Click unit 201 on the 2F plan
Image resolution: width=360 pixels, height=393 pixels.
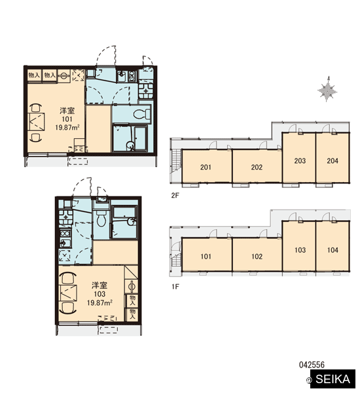[x=206, y=166]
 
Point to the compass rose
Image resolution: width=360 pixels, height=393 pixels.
[x=327, y=89]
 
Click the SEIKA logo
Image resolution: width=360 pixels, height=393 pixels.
[x=333, y=379]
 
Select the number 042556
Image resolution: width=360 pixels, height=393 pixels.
[x=312, y=365]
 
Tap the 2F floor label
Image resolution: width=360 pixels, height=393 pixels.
[x=175, y=195]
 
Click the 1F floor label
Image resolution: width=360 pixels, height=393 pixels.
[x=175, y=286]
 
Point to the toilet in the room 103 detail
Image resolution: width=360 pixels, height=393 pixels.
[x=101, y=217]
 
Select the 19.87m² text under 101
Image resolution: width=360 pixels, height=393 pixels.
[x=67, y=127]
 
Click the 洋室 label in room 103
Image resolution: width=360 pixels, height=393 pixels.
[x=99, y=285]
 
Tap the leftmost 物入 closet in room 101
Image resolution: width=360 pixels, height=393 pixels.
[x=34, y=75]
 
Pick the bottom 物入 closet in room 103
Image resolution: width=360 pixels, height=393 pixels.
[x=132, y=314]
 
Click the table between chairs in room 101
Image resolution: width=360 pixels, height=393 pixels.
[x=37, y=122]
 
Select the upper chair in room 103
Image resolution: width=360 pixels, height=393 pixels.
[x=67, y=278]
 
